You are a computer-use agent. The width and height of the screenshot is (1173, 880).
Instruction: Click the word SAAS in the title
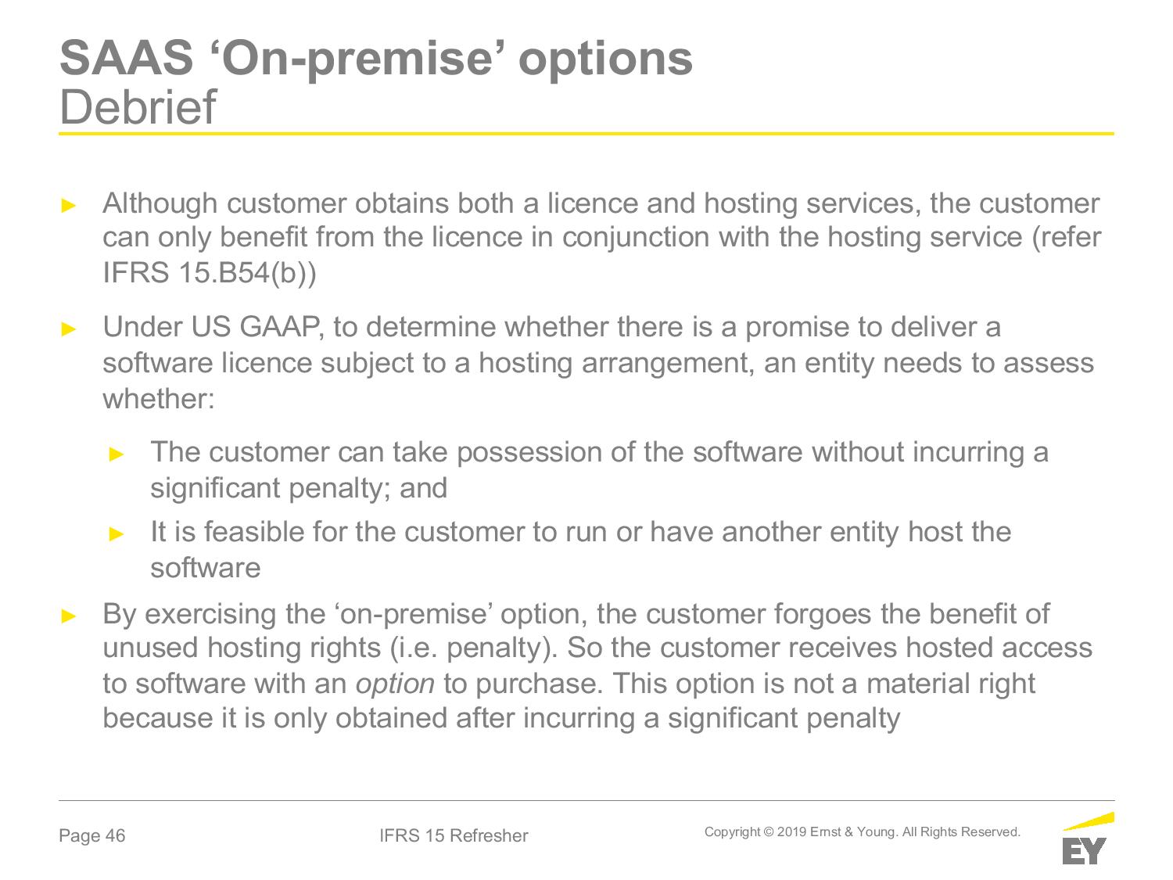click(x=126, y=58)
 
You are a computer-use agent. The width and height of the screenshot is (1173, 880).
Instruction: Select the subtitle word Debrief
click(x=138, y=107)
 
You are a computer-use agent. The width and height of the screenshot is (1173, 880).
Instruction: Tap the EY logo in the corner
click(x=1088, y=838)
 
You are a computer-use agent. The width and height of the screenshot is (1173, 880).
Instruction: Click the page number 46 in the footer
click(x=116, y=835)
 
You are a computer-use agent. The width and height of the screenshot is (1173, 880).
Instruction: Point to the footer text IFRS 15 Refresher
click(x=454, y=835)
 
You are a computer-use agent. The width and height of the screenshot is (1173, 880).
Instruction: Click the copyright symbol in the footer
click(x=769, y=832)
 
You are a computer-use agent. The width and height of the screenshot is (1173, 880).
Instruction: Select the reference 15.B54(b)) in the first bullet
click(x=247, y=272)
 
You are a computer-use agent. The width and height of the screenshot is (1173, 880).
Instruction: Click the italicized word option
click(x=395, y=684)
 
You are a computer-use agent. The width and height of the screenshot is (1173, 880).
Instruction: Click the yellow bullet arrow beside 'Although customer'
click(x=69, y=205)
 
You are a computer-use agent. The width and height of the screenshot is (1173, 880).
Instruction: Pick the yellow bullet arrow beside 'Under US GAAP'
click(x=69, y=329)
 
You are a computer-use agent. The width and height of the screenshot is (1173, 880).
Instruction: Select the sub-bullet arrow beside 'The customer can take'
click(x=117, y=454)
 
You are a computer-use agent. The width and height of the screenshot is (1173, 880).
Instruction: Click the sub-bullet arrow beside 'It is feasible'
click(x=117, y=533)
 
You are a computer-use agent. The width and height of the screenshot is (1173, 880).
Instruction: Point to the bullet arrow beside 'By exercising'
click(x=69, y=616)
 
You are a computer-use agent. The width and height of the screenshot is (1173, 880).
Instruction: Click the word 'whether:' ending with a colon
click(x=159, y=399)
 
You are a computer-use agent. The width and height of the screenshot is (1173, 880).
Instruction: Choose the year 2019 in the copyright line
click(x=791, y=832)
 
